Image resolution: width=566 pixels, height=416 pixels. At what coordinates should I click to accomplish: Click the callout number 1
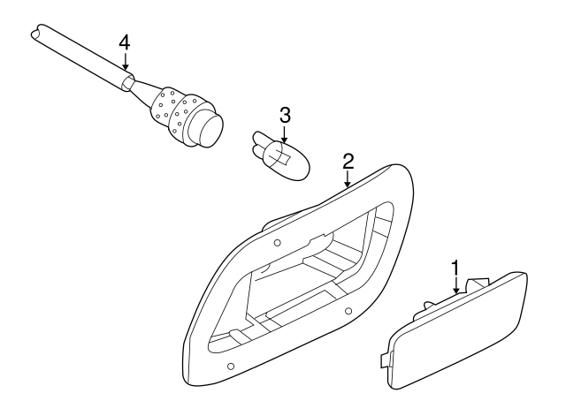pos(455,267)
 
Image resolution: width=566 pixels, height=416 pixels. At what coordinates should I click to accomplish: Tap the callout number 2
pos(348,160)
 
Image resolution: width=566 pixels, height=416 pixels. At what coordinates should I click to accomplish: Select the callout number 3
pos(285,114)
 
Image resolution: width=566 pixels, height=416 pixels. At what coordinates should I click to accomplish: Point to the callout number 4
pos(125,42)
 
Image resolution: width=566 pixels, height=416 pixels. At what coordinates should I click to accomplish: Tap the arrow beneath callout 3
pos(285,135)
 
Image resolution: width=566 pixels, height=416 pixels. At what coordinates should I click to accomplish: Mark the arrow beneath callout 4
pos(125,63)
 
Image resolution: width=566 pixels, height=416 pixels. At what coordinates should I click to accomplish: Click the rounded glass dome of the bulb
pos(291,163)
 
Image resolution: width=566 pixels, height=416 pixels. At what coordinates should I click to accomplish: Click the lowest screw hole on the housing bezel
pos(231,367)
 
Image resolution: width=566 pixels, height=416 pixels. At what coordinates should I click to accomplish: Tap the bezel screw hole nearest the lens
pos(348,310)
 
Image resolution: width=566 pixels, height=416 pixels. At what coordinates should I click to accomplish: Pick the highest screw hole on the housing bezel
pos(277,241)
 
